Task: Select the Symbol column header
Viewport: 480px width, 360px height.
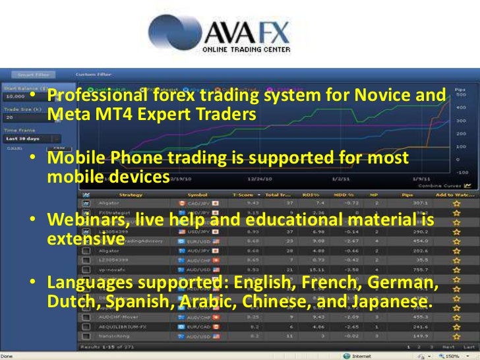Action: pyautogui.click(x=196, y=195)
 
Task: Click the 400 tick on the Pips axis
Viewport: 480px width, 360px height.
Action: pyautogui.click(x=461, y=107)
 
